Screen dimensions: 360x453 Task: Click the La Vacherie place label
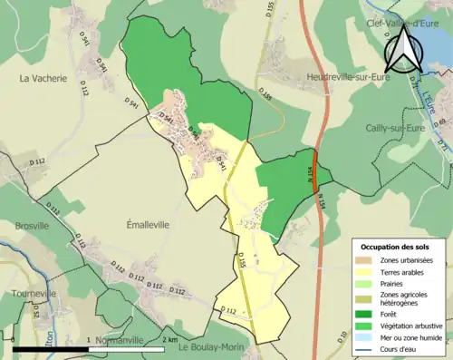tap(43, 79)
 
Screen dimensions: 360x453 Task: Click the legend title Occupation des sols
tap(396, 247)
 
